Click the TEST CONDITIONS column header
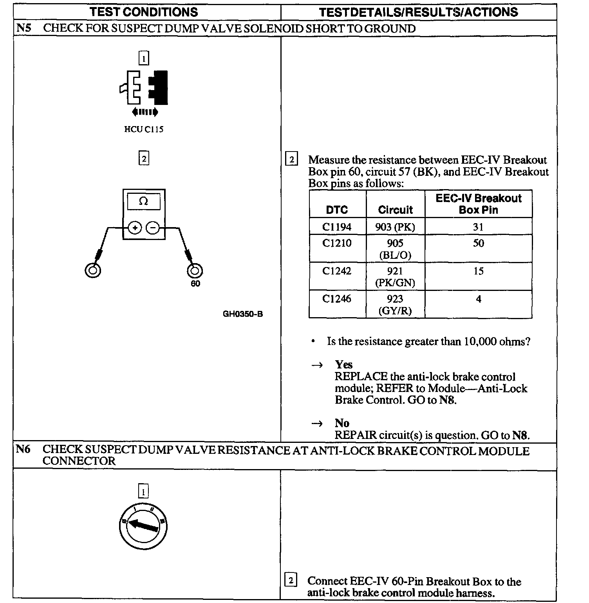[144, 12]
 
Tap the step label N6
[23, 450]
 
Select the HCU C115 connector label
[144, 129]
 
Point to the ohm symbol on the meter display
[144, 201]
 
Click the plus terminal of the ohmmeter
[135, 227]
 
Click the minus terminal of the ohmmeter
[153, 227]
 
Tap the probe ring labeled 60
[195, 271]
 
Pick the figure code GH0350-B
[243, 314]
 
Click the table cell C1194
[337, 227]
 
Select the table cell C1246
[337, 299]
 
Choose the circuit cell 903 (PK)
[395, 227]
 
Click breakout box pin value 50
[478, 243]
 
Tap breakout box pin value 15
[478, 271]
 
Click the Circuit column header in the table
[395, 210]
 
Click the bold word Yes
[344, 365]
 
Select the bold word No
[342, 423]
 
